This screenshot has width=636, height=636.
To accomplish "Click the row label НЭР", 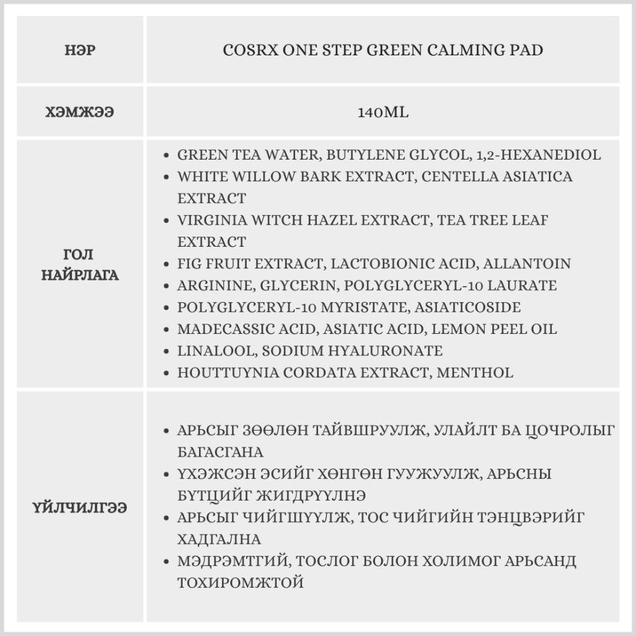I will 80,50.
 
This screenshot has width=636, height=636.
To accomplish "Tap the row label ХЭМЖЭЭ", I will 80,113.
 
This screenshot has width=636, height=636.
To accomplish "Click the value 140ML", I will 383,113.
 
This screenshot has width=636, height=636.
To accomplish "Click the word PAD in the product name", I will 526,50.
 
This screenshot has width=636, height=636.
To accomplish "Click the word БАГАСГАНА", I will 220,452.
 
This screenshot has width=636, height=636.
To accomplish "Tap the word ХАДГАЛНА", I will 219,539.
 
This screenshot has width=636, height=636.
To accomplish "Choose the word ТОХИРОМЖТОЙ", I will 240,583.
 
